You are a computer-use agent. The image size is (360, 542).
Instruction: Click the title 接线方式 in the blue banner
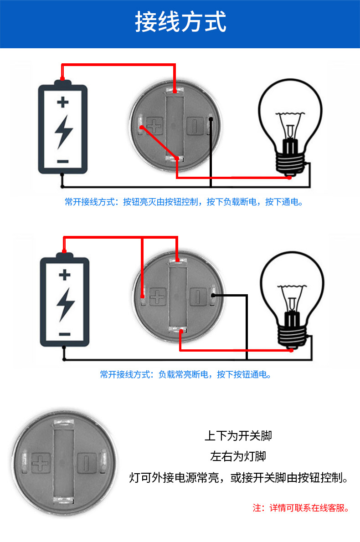(x=180, y=22)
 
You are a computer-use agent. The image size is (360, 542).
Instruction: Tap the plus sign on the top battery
(x=62, y=102)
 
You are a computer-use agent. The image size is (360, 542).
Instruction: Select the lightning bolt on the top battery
(x=63, y=131)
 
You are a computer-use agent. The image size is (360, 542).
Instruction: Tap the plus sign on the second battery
(x=65, y=275)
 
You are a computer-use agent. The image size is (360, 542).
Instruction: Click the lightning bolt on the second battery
(x=65, y=304)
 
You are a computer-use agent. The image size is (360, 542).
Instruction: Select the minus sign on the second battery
(x=65, y=334)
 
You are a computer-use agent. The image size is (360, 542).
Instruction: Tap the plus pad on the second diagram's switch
(x=158, y=297)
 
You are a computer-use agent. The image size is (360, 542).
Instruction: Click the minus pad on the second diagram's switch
(x=198, y=297)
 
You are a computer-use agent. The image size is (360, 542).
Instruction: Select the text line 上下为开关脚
(x=238, y=435)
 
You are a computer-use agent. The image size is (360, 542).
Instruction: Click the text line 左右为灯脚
(x=238, y=456)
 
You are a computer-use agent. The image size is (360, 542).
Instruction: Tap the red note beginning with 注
(x=301, y=507)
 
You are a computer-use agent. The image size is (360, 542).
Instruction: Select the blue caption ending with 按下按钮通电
(x=186, y=374)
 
